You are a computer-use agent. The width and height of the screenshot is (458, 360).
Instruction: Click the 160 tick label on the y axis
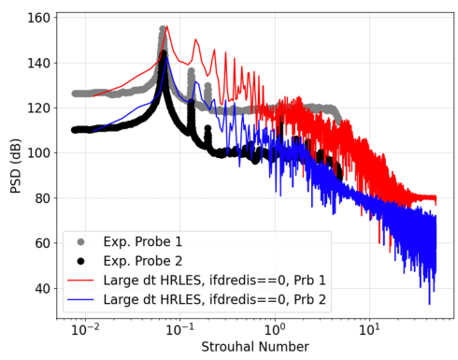[x=39, y=18]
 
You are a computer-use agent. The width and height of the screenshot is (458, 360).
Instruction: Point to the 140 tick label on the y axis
[x=39, y=63]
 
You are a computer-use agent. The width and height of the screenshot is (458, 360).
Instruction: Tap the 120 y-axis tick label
[x=39, y=108]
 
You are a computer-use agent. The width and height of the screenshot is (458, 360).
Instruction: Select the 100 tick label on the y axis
[x=39, y=153]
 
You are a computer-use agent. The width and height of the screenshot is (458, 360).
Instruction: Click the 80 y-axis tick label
[x=43, y=198]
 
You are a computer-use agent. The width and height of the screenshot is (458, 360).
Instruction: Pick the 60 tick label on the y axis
[x=43, y=243]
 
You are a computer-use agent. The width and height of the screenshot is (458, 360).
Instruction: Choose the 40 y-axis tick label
[x=43, y=289]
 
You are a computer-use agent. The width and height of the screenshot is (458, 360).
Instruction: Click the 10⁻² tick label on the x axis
[x=85, y=329]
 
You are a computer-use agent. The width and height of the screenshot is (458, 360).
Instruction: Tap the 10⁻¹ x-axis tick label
[x=179, y=329]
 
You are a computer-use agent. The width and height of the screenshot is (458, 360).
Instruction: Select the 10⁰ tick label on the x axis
[x=275, y=329]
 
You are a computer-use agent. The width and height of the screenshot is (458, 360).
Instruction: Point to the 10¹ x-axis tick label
[x=369, y=329]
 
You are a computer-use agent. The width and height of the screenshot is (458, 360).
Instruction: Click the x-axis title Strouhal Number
[x=255, y=347]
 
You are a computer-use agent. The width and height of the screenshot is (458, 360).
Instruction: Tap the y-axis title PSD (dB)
[x=15, y=166]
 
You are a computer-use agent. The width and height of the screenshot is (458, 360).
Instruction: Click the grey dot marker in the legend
[x=80, y=242]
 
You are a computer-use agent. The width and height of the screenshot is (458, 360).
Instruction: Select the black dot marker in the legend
[x=80, y=261]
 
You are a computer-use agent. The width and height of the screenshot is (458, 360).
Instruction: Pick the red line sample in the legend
[x=80, y=281]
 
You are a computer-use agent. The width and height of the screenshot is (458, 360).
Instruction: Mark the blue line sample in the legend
[x=80, y=300]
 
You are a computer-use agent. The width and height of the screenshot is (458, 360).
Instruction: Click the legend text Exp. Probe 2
[x=143, y=261]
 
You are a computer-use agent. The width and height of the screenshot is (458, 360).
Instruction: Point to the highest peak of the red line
[x=167, y=26]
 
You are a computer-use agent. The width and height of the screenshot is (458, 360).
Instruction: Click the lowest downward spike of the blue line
[x=429, y=304]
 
